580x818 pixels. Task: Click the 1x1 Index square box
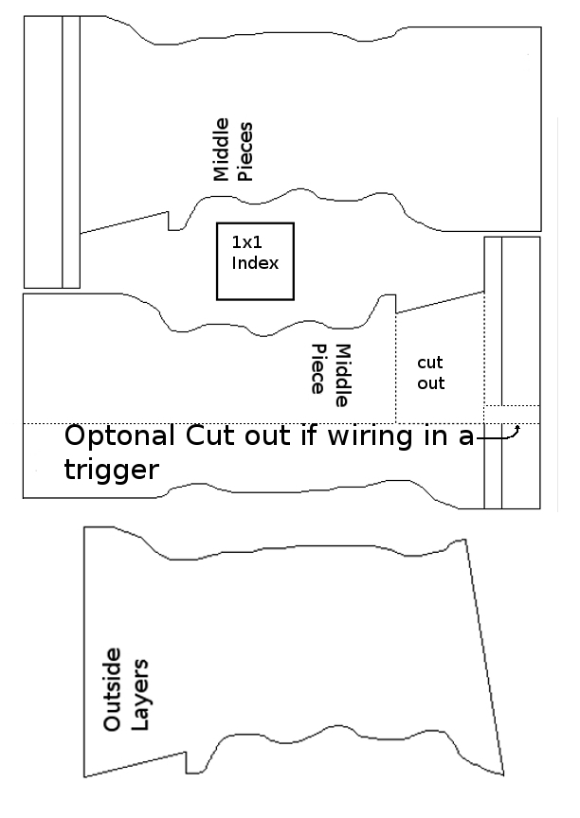[x=255, y=261]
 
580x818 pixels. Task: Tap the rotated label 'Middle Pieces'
[x=232, y=150]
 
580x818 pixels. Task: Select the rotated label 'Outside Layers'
[x=125, y=689]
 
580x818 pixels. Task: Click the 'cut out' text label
[x=431, y=373]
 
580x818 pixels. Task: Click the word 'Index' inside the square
[x=255, y=262]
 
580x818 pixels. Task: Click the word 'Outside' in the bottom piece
[x=113, y=689]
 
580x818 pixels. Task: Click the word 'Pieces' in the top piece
[x=245, y=150]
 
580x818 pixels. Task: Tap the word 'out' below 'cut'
[x=431, y=383]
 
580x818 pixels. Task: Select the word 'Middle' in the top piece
[x=221, y=150]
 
